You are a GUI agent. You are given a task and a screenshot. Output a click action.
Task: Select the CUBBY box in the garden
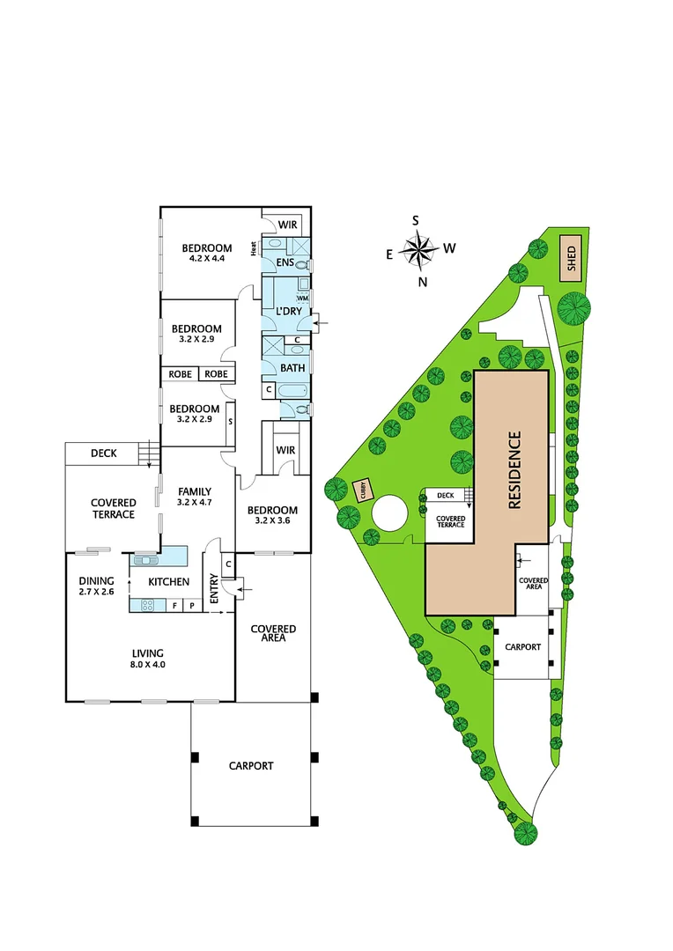[361, 490]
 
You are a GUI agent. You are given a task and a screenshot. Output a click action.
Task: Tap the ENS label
[285, 263]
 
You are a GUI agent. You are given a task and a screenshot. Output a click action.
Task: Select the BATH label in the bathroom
[292, 368]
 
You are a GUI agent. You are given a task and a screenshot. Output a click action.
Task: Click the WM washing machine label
[302, 299]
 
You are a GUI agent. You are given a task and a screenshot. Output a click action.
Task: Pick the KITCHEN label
[168, 582]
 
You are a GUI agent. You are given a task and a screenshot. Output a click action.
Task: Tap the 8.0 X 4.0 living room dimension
[148, 665]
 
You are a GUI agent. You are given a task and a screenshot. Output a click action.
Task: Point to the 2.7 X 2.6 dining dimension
[97, 593]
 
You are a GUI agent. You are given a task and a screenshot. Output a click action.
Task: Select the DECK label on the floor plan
[104, 454]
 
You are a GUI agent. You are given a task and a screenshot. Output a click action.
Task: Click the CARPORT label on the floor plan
[251, 765]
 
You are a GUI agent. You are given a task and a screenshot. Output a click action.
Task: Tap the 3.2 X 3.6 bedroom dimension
[272, 522]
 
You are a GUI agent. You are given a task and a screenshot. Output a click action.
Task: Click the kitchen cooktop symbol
[145, 605]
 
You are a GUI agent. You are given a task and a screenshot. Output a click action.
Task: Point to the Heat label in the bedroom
[254, 249]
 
